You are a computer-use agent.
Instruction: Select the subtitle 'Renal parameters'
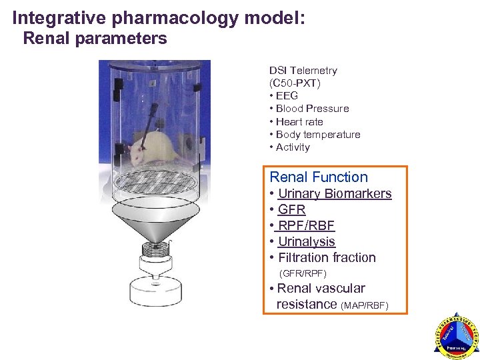(95, 39)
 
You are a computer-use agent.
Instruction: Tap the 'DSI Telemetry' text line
(303, 71)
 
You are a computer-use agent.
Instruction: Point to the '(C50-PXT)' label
(295, 83)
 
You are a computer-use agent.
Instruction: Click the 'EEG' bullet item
(287, 96)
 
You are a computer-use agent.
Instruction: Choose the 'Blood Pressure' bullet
(312, 109)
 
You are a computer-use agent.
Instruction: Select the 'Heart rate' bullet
(299, 121)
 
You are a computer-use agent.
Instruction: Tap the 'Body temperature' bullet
(318, 134)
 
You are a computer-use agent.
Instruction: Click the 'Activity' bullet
(293, 147)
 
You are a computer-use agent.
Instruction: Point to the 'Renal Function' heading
(319, 177)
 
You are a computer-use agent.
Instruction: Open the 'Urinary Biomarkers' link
(335, 194)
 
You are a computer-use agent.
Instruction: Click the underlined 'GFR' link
(291, 210)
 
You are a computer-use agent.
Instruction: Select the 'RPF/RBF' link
(306, 226)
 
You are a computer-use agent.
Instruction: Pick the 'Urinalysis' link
(306, 242)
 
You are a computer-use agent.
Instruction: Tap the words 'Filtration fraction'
(327, 258)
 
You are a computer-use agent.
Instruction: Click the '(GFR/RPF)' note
(303, 273)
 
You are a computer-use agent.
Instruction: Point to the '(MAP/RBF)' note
(364, 305)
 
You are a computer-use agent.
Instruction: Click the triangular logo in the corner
(456, 336)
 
